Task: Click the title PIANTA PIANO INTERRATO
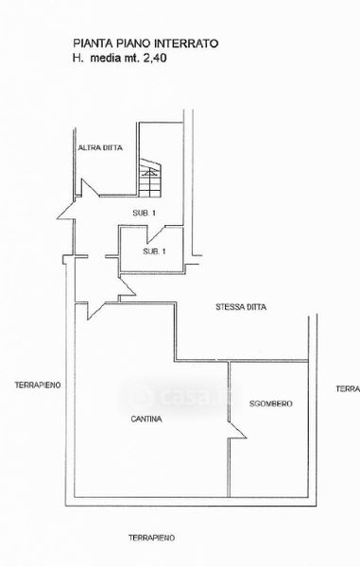146,43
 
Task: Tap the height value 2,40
155,58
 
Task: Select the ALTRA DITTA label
100,147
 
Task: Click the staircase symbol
150,178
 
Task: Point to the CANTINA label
146,419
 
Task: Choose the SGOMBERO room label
271,404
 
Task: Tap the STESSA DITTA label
241,307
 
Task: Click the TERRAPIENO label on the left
38,386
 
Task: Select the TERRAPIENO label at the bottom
152,538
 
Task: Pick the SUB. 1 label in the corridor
144,213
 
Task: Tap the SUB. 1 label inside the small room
154,251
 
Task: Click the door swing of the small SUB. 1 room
155,234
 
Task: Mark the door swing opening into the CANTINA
95,311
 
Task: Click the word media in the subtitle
106,58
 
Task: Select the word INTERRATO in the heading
186,43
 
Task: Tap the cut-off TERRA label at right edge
348,388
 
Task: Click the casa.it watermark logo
179,397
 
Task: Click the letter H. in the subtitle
78,58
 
